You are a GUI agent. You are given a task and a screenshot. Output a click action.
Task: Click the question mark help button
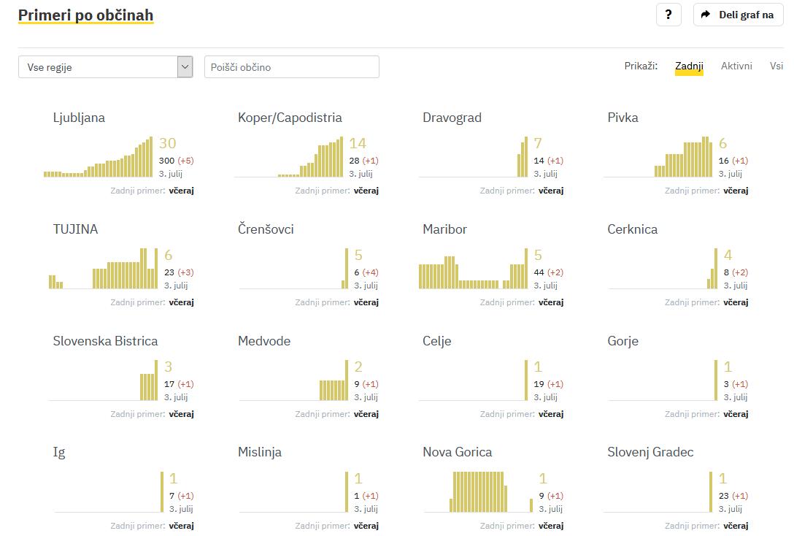pyautogui.click(x=668, y=15)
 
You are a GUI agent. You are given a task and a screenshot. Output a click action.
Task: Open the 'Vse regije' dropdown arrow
pyautogui.click(x=185, y=67)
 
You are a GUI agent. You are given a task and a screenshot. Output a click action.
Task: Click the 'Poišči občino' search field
pyautogui.click(x=292, y=67)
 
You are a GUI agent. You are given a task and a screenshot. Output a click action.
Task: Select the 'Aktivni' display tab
pyautogui.click(x=736, y=66)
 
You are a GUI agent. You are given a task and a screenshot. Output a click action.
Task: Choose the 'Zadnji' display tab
pyautogui.click(x=689, y=66)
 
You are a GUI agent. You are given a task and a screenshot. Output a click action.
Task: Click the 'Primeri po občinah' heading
pyautogui.click(x=85, y=15)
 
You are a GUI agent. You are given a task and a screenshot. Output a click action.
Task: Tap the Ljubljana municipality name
pyautogui.click(x=79, y=118)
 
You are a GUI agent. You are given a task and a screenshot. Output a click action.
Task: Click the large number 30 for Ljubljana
pyautogui.click(x=167, y=143)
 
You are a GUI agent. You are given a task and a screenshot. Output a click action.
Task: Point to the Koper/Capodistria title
pyautogui.click(x=290, y=118)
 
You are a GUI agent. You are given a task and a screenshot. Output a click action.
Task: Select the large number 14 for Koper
pyautogui.click(x=357, y=143)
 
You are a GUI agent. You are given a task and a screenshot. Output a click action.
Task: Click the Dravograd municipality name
pyautogui.click(x=452, y=118)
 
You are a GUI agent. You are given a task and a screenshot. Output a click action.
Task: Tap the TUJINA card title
pyautogui.click(x=75, y=229)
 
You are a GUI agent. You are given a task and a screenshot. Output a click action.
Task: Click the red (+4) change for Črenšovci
pyautogui.click(x=370, y=272)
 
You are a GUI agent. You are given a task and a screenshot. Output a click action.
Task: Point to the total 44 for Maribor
pyautogui.click(x=539, y=272)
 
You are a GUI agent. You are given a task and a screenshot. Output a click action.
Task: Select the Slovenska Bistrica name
pyautogui.click(x=105, y=341)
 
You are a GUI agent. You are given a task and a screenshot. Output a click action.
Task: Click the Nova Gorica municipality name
pyautogui.click(x=457, y=452)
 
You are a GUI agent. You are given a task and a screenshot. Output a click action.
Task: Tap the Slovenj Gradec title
pyautogui.click(x=650, y=452)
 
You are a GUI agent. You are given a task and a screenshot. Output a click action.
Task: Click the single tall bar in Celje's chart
pyautogui.click(x=525, y=380)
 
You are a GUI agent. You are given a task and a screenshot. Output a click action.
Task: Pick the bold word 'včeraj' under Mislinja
pyautogui.click(x=366, y=526)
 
